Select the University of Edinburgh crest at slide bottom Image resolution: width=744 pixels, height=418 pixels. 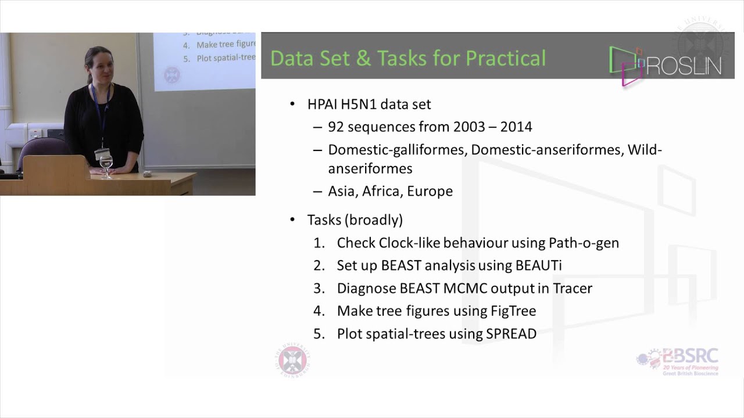coord(292,360)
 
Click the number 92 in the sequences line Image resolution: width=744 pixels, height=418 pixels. coord(336,127)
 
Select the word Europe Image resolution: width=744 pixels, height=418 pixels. coord(430,191)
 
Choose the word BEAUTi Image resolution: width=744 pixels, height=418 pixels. coord(538,265)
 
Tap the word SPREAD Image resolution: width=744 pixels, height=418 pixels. coord(510,334)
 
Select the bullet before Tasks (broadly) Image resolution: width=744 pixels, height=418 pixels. coord(292,221)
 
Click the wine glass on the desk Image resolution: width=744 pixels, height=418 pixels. coord(106,167)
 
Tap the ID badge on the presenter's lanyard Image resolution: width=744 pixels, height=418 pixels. coord(102,154)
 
